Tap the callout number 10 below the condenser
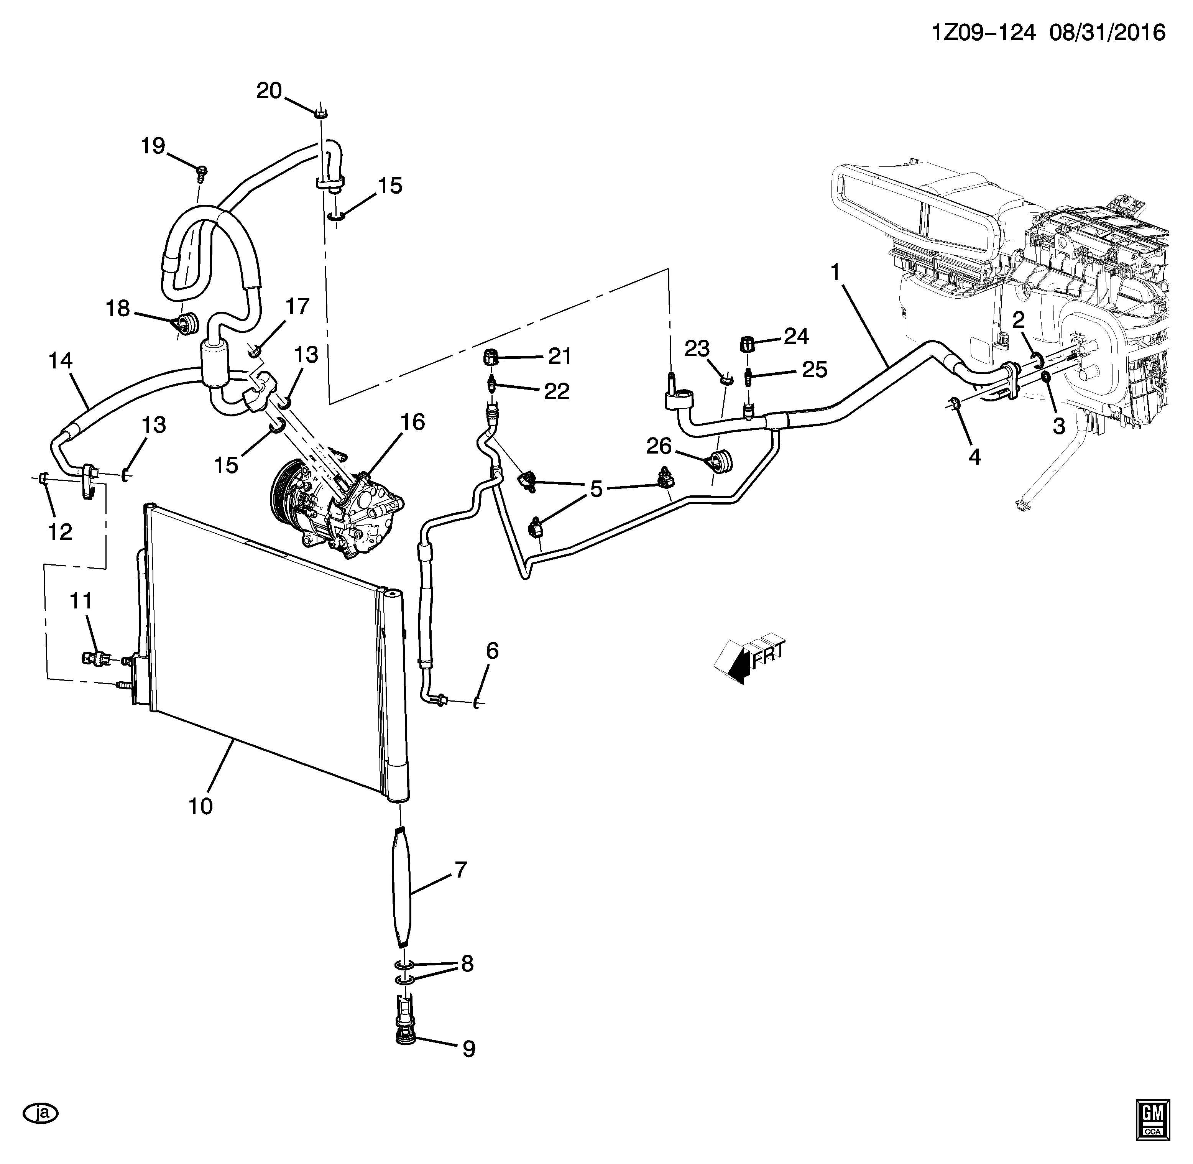coord(200,806)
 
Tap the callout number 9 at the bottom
coord(468,1049)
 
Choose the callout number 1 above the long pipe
coord(835,272)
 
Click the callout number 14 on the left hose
coord(61,361)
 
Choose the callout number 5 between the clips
coord(596,488)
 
